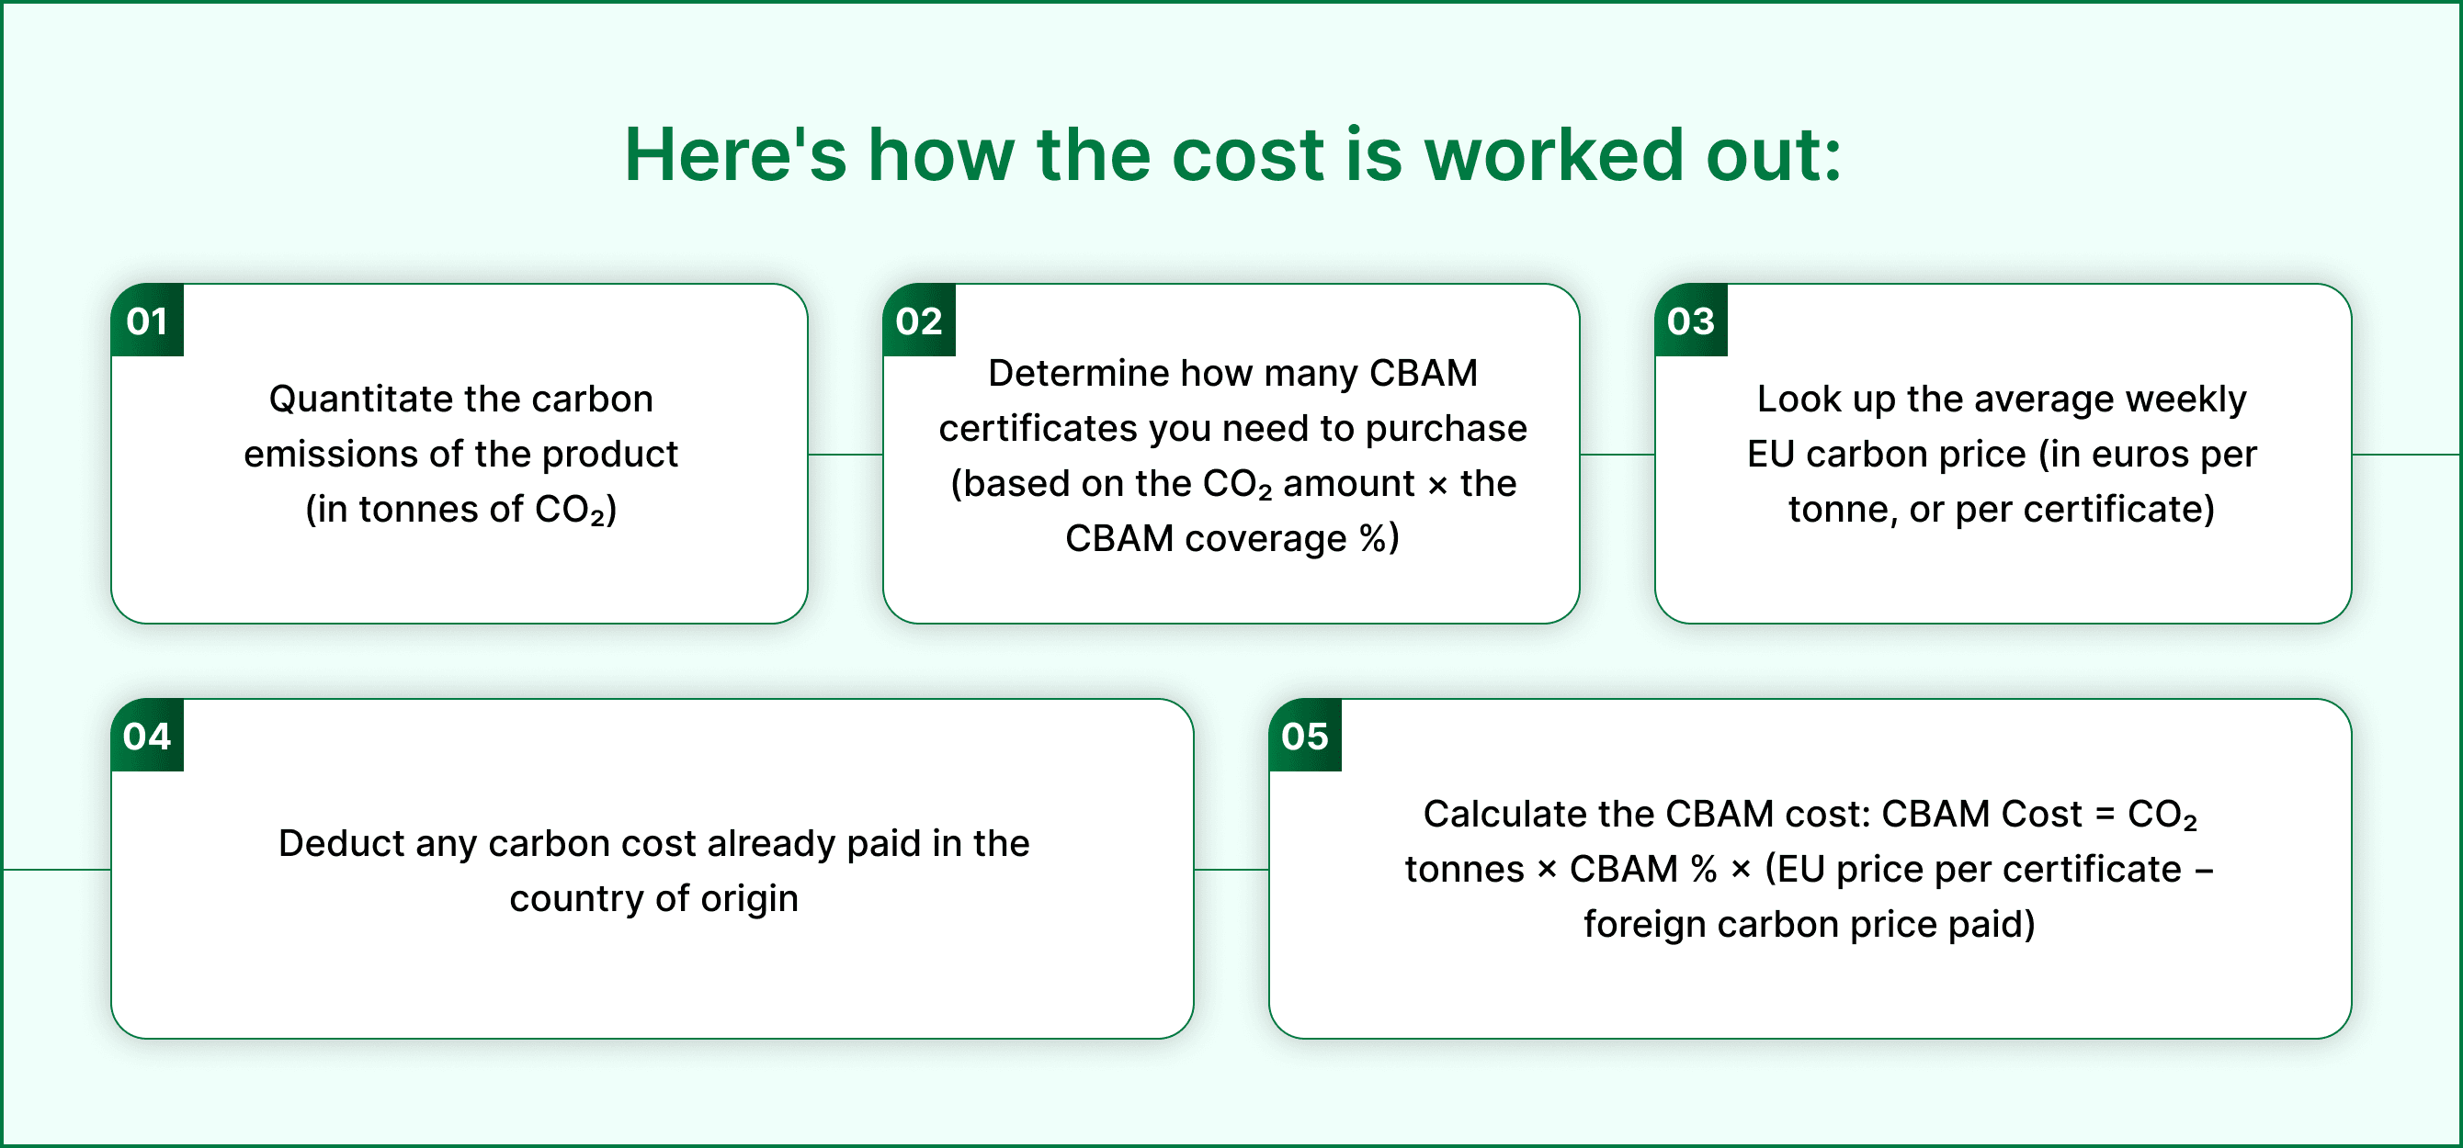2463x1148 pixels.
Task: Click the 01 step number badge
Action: [147, 321]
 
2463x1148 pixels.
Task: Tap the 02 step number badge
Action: [919, 321]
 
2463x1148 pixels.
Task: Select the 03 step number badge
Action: [1690, 321]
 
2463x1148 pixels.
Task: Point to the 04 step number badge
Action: [147, 735]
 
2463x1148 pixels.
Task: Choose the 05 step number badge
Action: [1305, 735]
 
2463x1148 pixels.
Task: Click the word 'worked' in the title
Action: [1553, 154]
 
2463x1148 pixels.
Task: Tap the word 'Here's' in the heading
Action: [735, 154]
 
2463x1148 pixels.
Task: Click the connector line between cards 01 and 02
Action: [846, 454]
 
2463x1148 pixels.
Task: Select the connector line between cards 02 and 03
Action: [1617, 454]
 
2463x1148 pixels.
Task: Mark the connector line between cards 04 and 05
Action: [1231, 869]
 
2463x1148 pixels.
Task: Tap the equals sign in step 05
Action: [2105, 815]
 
